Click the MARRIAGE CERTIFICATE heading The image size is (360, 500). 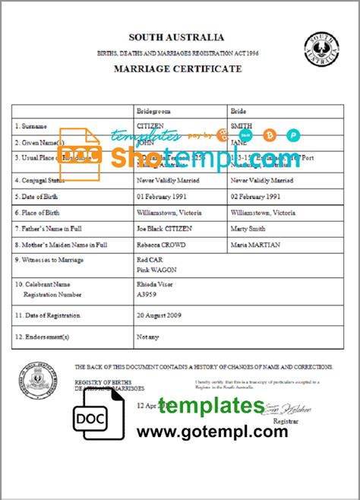tap(177, 69)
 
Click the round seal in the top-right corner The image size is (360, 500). tap(321, 52)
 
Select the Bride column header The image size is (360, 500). tap(238, 110)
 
